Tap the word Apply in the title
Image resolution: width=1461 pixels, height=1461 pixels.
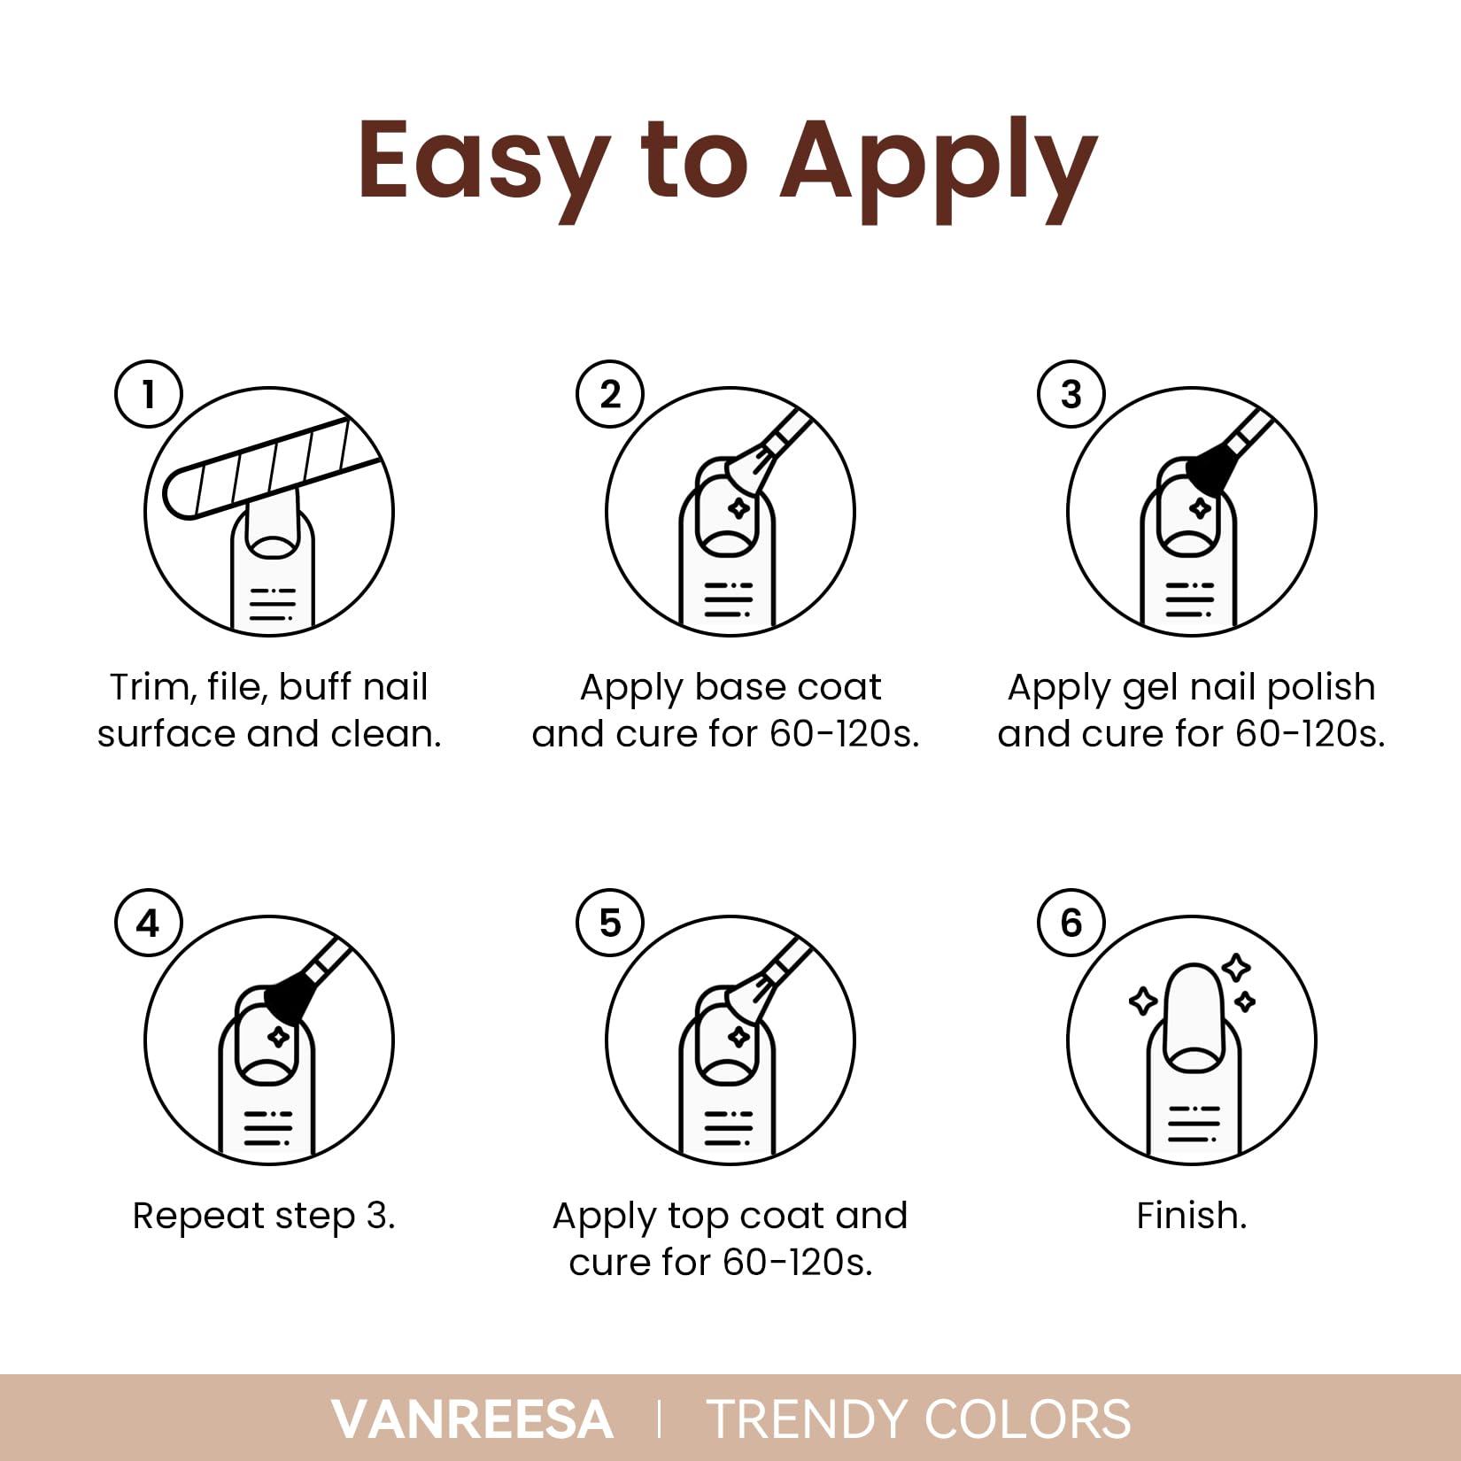938,164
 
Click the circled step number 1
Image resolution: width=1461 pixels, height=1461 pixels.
149,395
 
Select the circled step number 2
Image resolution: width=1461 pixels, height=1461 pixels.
610,395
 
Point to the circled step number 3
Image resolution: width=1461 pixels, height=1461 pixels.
1071,395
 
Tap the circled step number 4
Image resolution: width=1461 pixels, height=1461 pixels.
149,924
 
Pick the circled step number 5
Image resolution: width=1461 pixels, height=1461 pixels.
610,924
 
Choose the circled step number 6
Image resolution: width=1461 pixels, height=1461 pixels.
1071,924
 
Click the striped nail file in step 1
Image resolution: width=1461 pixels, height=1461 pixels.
266,469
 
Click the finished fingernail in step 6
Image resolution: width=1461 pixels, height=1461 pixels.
1194,1009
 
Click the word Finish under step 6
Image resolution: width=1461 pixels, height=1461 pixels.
1191,1216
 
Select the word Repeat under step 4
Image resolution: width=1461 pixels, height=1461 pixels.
199,1216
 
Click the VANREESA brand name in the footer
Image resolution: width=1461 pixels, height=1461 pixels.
472,1419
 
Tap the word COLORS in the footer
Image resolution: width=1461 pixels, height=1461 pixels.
1027,1419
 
